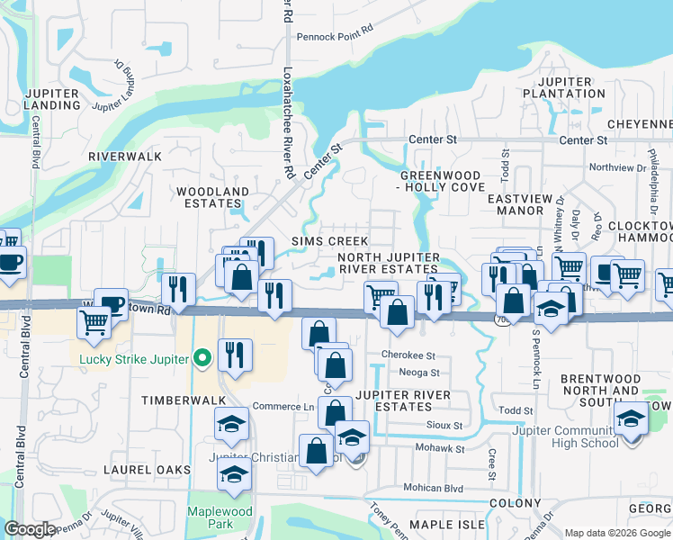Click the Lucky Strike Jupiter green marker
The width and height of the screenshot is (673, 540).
202,359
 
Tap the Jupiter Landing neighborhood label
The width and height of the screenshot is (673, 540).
53,99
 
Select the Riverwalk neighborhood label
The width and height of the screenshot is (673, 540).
125,156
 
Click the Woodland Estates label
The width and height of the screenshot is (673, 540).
212,197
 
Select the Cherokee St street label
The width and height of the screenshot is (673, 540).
408,355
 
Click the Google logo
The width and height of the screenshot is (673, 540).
30,529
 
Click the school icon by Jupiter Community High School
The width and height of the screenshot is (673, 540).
630,418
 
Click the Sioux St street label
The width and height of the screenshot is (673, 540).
444,425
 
